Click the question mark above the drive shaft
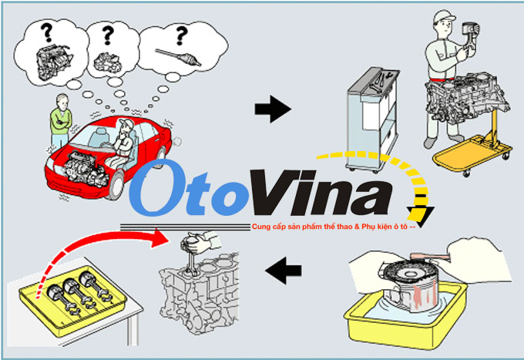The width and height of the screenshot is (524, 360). [x=182, y=35]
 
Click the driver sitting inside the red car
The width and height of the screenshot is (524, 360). [x=123, y=139]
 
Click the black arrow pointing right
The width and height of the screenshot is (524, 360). [x=273, y=110]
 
